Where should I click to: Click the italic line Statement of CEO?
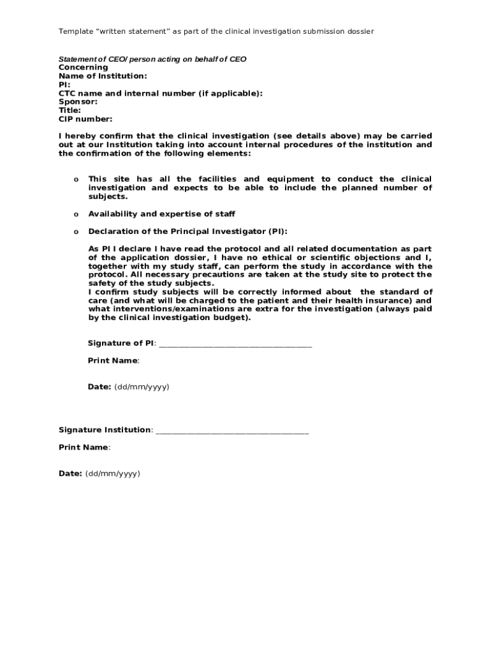(152, 59)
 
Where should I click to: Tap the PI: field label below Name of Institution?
(64, 85)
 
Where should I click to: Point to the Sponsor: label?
(78, 101)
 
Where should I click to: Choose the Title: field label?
(70, 110)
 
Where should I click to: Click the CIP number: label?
(85, 119)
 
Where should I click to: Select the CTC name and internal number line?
(160, 93)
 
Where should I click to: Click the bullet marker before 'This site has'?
(76, 180)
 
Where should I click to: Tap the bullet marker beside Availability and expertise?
(76, 214)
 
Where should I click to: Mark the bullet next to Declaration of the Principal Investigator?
(76, 231)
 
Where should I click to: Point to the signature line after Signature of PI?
(235, 345)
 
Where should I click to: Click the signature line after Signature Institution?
(232, 432)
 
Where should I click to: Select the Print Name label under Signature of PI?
(113, 361)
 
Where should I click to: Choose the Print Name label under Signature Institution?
(84, 448)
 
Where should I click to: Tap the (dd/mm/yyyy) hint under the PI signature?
(142, 387)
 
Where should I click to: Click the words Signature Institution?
(105, 430)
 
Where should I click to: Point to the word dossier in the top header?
(359, 31)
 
